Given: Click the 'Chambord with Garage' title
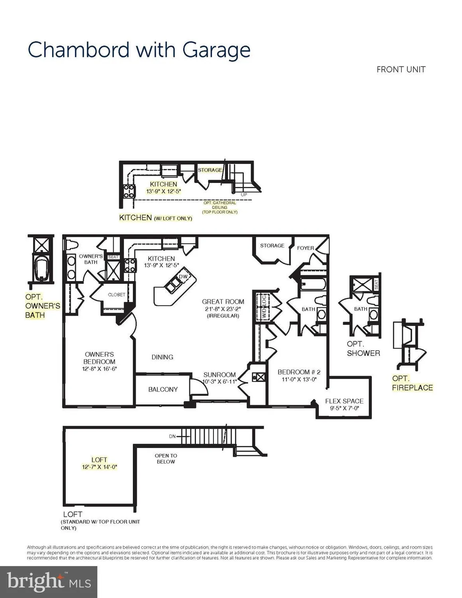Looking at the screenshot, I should [139, 51].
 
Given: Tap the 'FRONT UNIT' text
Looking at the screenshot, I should [401, 69].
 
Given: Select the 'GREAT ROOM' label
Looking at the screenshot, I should [223, 302].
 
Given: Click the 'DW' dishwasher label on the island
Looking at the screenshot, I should [183, 277].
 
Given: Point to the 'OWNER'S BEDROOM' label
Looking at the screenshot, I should [99, 358].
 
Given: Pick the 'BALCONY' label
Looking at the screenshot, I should [163, 389].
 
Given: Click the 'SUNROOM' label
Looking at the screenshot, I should [219, 375].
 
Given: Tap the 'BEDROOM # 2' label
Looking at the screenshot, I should [299, 372].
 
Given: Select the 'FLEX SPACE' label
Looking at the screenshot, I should [344, 401].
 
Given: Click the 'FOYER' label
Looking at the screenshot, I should [305, 248].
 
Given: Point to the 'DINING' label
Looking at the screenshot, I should [162, 357].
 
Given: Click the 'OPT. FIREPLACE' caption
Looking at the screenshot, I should [412, 383].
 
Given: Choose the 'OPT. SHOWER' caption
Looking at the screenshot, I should [363, 348].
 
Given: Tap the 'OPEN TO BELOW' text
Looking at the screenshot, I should [166, 458].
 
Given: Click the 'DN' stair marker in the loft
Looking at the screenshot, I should [172, 437].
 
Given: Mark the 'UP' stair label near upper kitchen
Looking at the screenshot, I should [244, 195].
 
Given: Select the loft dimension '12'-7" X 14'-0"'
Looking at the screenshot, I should [99, 467].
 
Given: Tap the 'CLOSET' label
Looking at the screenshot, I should [116, 295].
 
